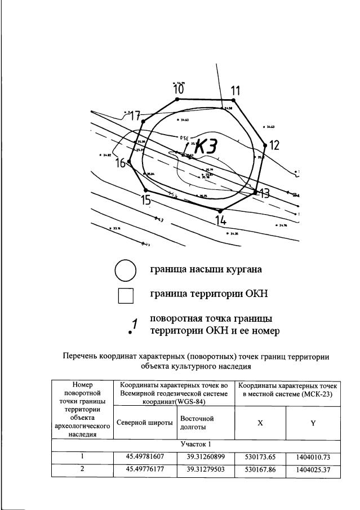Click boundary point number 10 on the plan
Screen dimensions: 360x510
tap(178, 89)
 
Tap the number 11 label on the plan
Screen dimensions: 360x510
tap(235, 90)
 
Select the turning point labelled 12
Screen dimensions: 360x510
tap(274, 145)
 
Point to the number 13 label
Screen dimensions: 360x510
tap(264, 193)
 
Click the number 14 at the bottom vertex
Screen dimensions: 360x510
tap(221, 220)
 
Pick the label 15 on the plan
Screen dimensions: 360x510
tap(146, 199)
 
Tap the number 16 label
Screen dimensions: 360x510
tap(121, 163)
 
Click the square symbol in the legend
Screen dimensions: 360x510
tap(126, 295)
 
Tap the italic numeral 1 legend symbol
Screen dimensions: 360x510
tap(134, 325)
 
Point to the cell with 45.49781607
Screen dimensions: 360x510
tap(145, 456)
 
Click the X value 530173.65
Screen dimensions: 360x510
tap(260, 456)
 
